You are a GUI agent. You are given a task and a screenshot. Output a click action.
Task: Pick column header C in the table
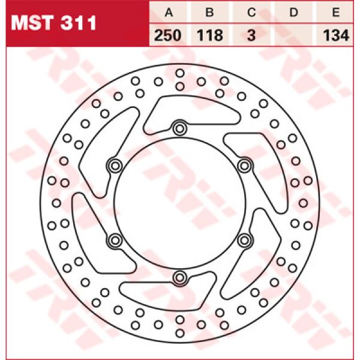(x=252, y=13)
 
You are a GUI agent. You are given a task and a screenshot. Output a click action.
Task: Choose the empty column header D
(x=294, y=13)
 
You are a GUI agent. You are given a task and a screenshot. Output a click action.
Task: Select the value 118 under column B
(x=209, y=35)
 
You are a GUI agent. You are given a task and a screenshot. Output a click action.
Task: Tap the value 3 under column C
(x=252, y=35)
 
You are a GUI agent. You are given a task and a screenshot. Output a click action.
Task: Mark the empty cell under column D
(x=294, y=35)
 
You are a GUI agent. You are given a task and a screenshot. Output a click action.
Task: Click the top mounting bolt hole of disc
(x=179, y=127)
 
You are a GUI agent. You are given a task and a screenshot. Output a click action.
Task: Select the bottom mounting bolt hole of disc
(x=179, y=277)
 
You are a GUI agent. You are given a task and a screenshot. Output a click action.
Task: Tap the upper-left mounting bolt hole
(x=114, y=165)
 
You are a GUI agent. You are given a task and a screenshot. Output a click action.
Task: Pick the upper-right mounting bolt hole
(x=244, y=165)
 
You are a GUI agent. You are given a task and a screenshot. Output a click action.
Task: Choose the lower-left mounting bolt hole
(x=114, y=240)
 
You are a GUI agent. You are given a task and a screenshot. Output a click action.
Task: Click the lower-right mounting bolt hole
(x=244, y=240)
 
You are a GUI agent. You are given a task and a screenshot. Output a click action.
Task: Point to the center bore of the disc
(x=179, y=202)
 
